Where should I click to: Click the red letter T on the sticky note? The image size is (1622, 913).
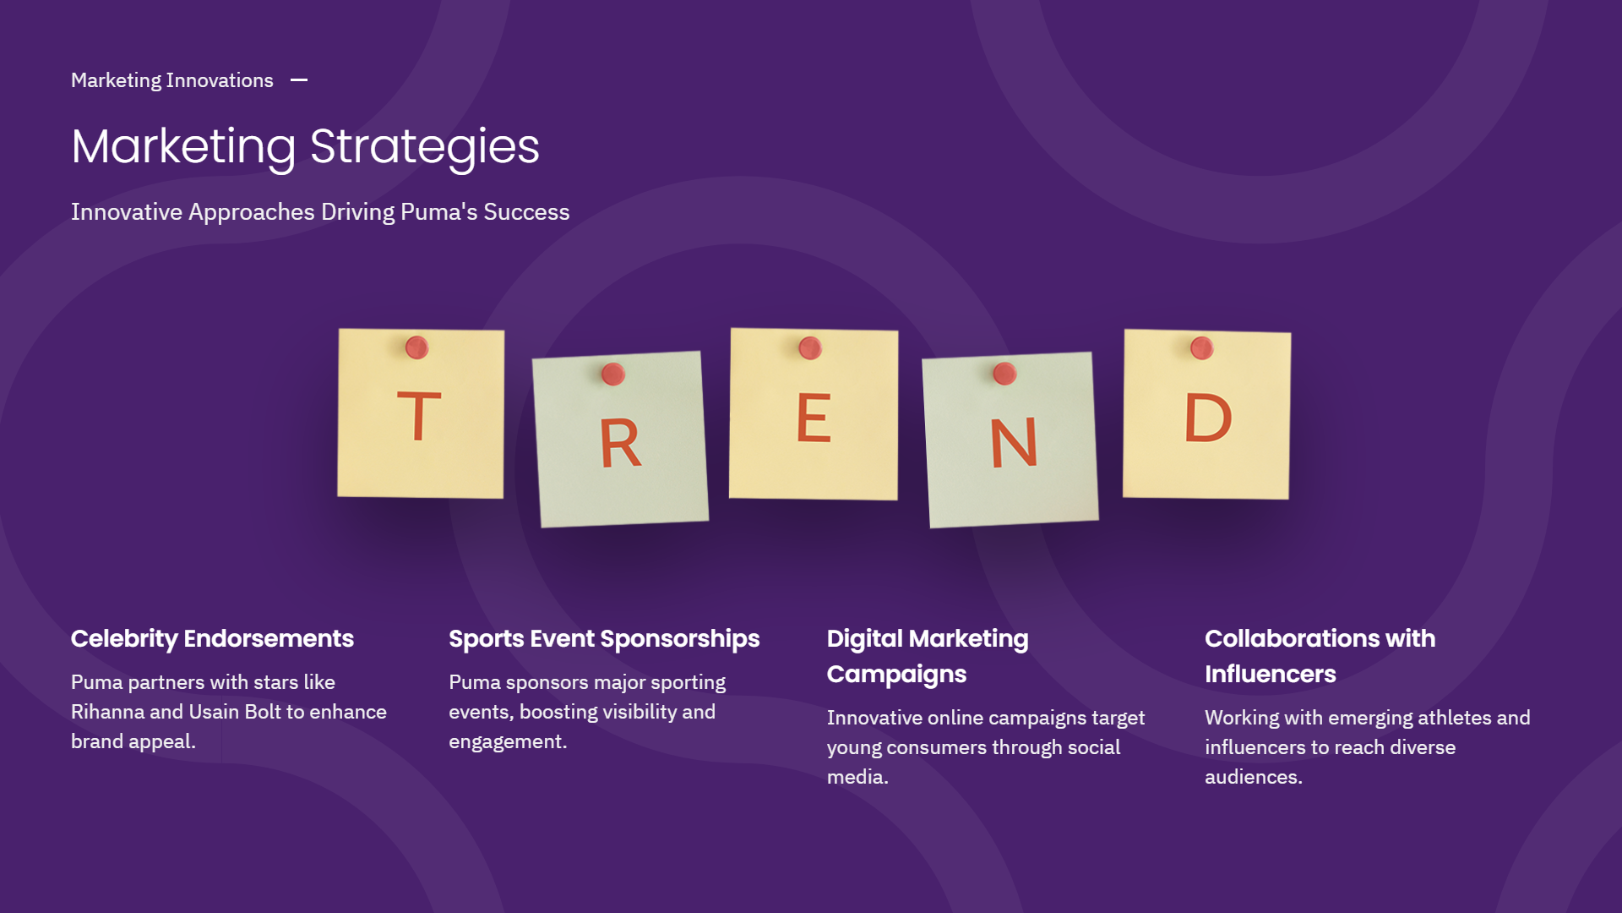pyautogui.click(x=419, y=416)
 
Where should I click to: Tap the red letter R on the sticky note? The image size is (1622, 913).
pyautogui.click(x=620, y=443)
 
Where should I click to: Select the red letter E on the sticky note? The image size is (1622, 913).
pyautogui.click(x=814, y=418)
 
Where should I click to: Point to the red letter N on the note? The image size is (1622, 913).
pyautogui.click(x=1013, y=442)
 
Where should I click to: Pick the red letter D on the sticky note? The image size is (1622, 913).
pyautogui.click(x=1208, y=417)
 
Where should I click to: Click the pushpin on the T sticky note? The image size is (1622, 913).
pyautogui.click(x=417, y=347)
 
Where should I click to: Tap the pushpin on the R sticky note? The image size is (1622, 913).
pyautogui.click(x=613, y=374)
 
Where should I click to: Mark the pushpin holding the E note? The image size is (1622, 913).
pyautogui.click(x=810, y=347)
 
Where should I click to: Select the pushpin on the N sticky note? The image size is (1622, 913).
pyautogui.click(x=1004, y=373)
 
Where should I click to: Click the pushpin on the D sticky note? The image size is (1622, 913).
pyautogui.click(x=1202, y=347)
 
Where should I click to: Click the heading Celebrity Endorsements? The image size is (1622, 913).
pyautogui.click(x=212, y=639)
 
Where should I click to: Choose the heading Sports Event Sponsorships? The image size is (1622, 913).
pyautogui.click(x=604, y=639)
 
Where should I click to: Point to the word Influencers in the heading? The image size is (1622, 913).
pyautogui.click(x=1271, y=674)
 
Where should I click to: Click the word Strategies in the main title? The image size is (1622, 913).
pyautogui.click(x=425, y=147)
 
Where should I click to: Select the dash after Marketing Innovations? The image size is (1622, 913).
pyautogui.click(x=299, y=80)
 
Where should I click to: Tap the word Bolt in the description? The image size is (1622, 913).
pyautogui.click(x=263, y=712)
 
